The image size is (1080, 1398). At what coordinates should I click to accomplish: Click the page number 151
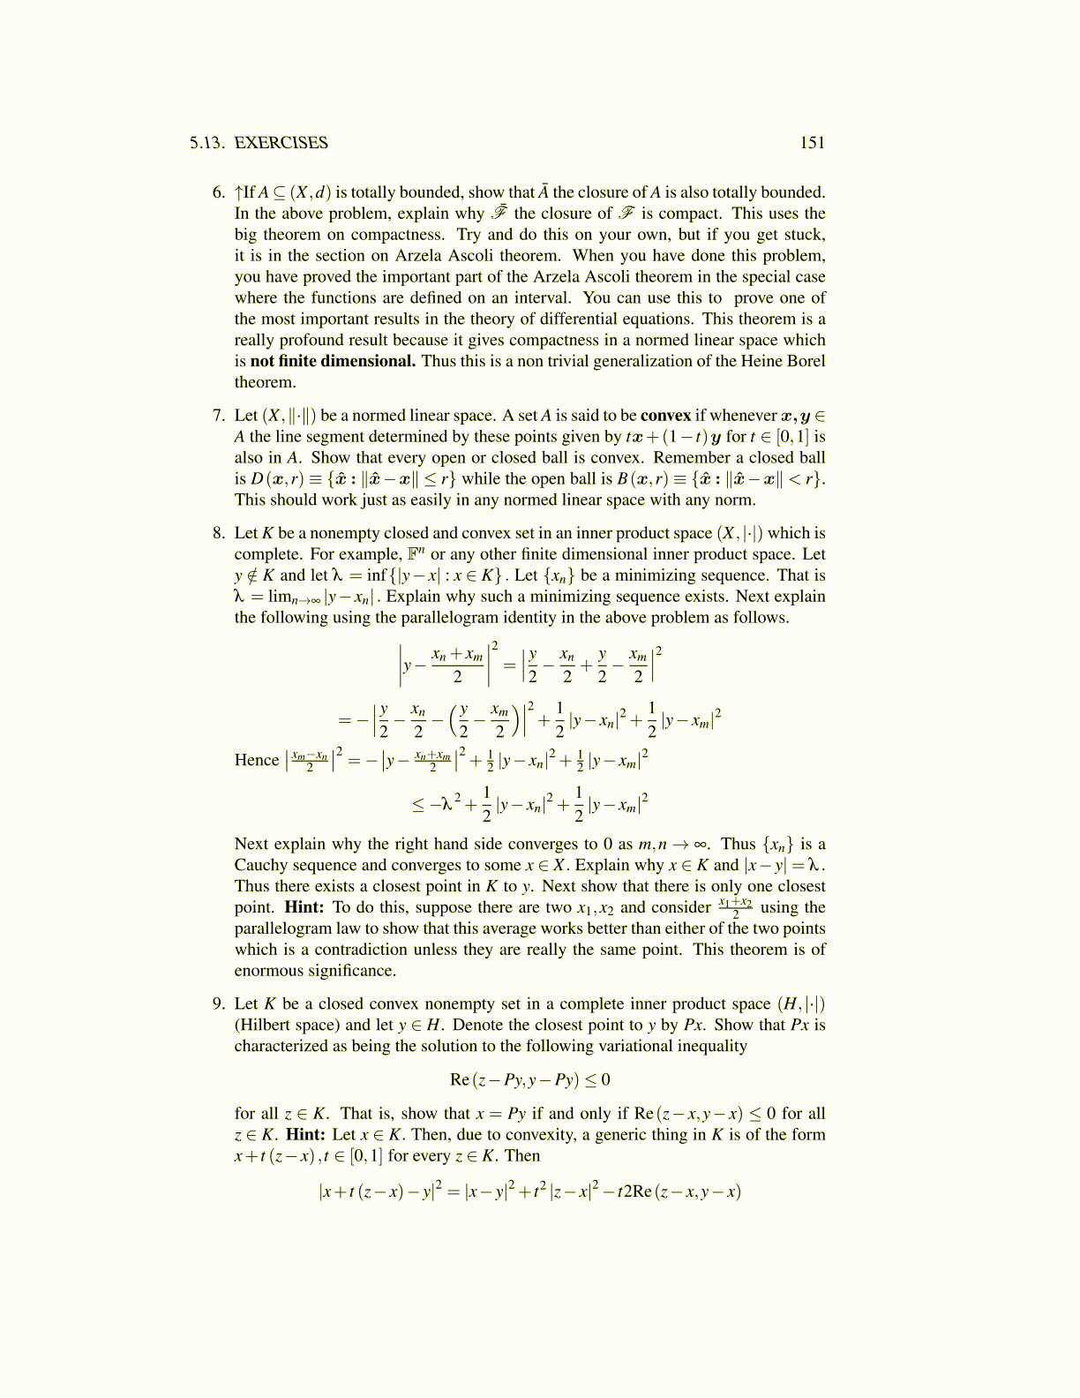812,143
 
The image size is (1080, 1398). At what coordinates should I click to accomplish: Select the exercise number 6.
219,192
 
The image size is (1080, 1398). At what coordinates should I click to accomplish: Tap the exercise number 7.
219,416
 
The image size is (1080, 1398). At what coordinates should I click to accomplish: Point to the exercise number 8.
219,533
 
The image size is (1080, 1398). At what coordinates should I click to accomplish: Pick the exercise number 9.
219,1004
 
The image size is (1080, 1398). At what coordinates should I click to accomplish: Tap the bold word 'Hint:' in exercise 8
304,907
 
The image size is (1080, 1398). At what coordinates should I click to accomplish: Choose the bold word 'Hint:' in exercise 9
305,1135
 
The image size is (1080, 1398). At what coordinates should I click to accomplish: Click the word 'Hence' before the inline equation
256,760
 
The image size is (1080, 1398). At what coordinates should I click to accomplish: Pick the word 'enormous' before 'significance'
268,971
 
